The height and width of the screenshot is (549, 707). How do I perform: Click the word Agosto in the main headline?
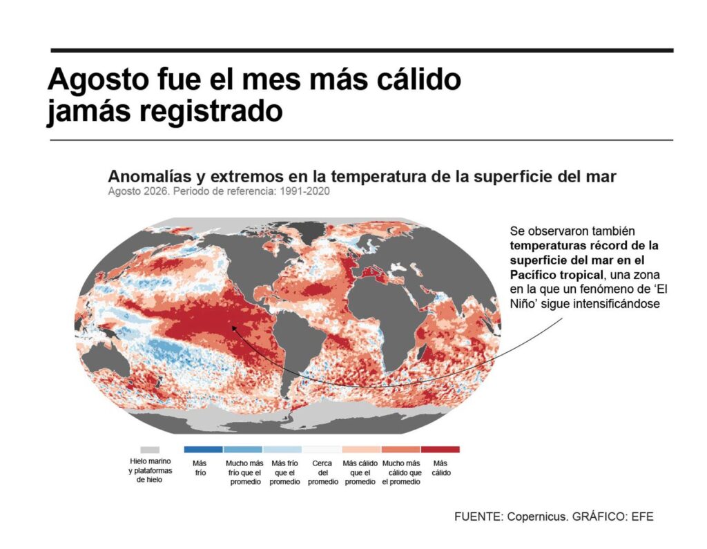98,79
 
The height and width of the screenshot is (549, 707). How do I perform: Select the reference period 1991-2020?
304,191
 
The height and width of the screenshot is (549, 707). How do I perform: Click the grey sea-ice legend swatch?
150,450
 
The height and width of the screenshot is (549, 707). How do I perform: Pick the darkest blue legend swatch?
204,450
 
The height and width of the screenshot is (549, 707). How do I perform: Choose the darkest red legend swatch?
440,450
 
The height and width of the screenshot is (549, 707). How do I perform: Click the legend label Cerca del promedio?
323,472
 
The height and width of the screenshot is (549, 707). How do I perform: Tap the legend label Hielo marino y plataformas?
150,466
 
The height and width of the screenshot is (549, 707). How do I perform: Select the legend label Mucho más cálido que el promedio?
401,472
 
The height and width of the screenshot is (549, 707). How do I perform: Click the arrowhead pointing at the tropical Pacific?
233,328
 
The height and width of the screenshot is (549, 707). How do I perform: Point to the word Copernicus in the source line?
536,517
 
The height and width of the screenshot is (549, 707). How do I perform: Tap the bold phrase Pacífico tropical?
556,275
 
